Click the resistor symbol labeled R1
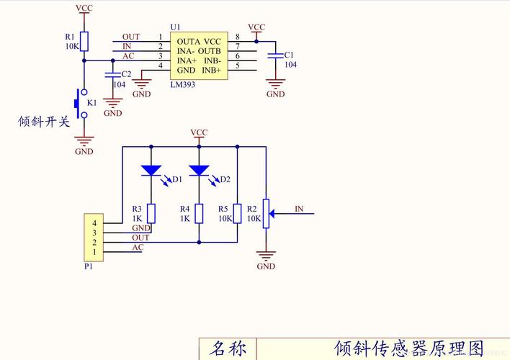pyautogui.click(x=84, y=41)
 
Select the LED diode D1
pyautogui.click(x=151, y=171)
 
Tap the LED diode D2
pyautogui.click(x=199, y=171)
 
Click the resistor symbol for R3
pyautogui.click(x=151, y=214)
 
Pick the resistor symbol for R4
pyautogui.click(x=199, y=214)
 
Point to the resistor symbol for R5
pyautogui.click(x=237, y=214)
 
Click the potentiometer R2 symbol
pyautogui.click(x=267, y=212)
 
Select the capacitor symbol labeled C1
pyautogui.click(x=275, y=55)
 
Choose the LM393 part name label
pyautogui.click(x=183, y=85)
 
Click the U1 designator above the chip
pyautogui.click(x=175, y=27)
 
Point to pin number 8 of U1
pyautogui.click(x=237, y=37)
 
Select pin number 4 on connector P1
pyautogui.click(x=94, y=224)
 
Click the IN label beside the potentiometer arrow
pyautogui.click(x=299, y=210)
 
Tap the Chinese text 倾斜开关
pyautogui.click(x=44, y=122)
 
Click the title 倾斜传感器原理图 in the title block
pyautogui.click(x=408, y=349)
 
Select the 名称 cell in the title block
pyautogui.click(x=228, y=349)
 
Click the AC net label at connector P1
pyautogui.click(x=138, y=247)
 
